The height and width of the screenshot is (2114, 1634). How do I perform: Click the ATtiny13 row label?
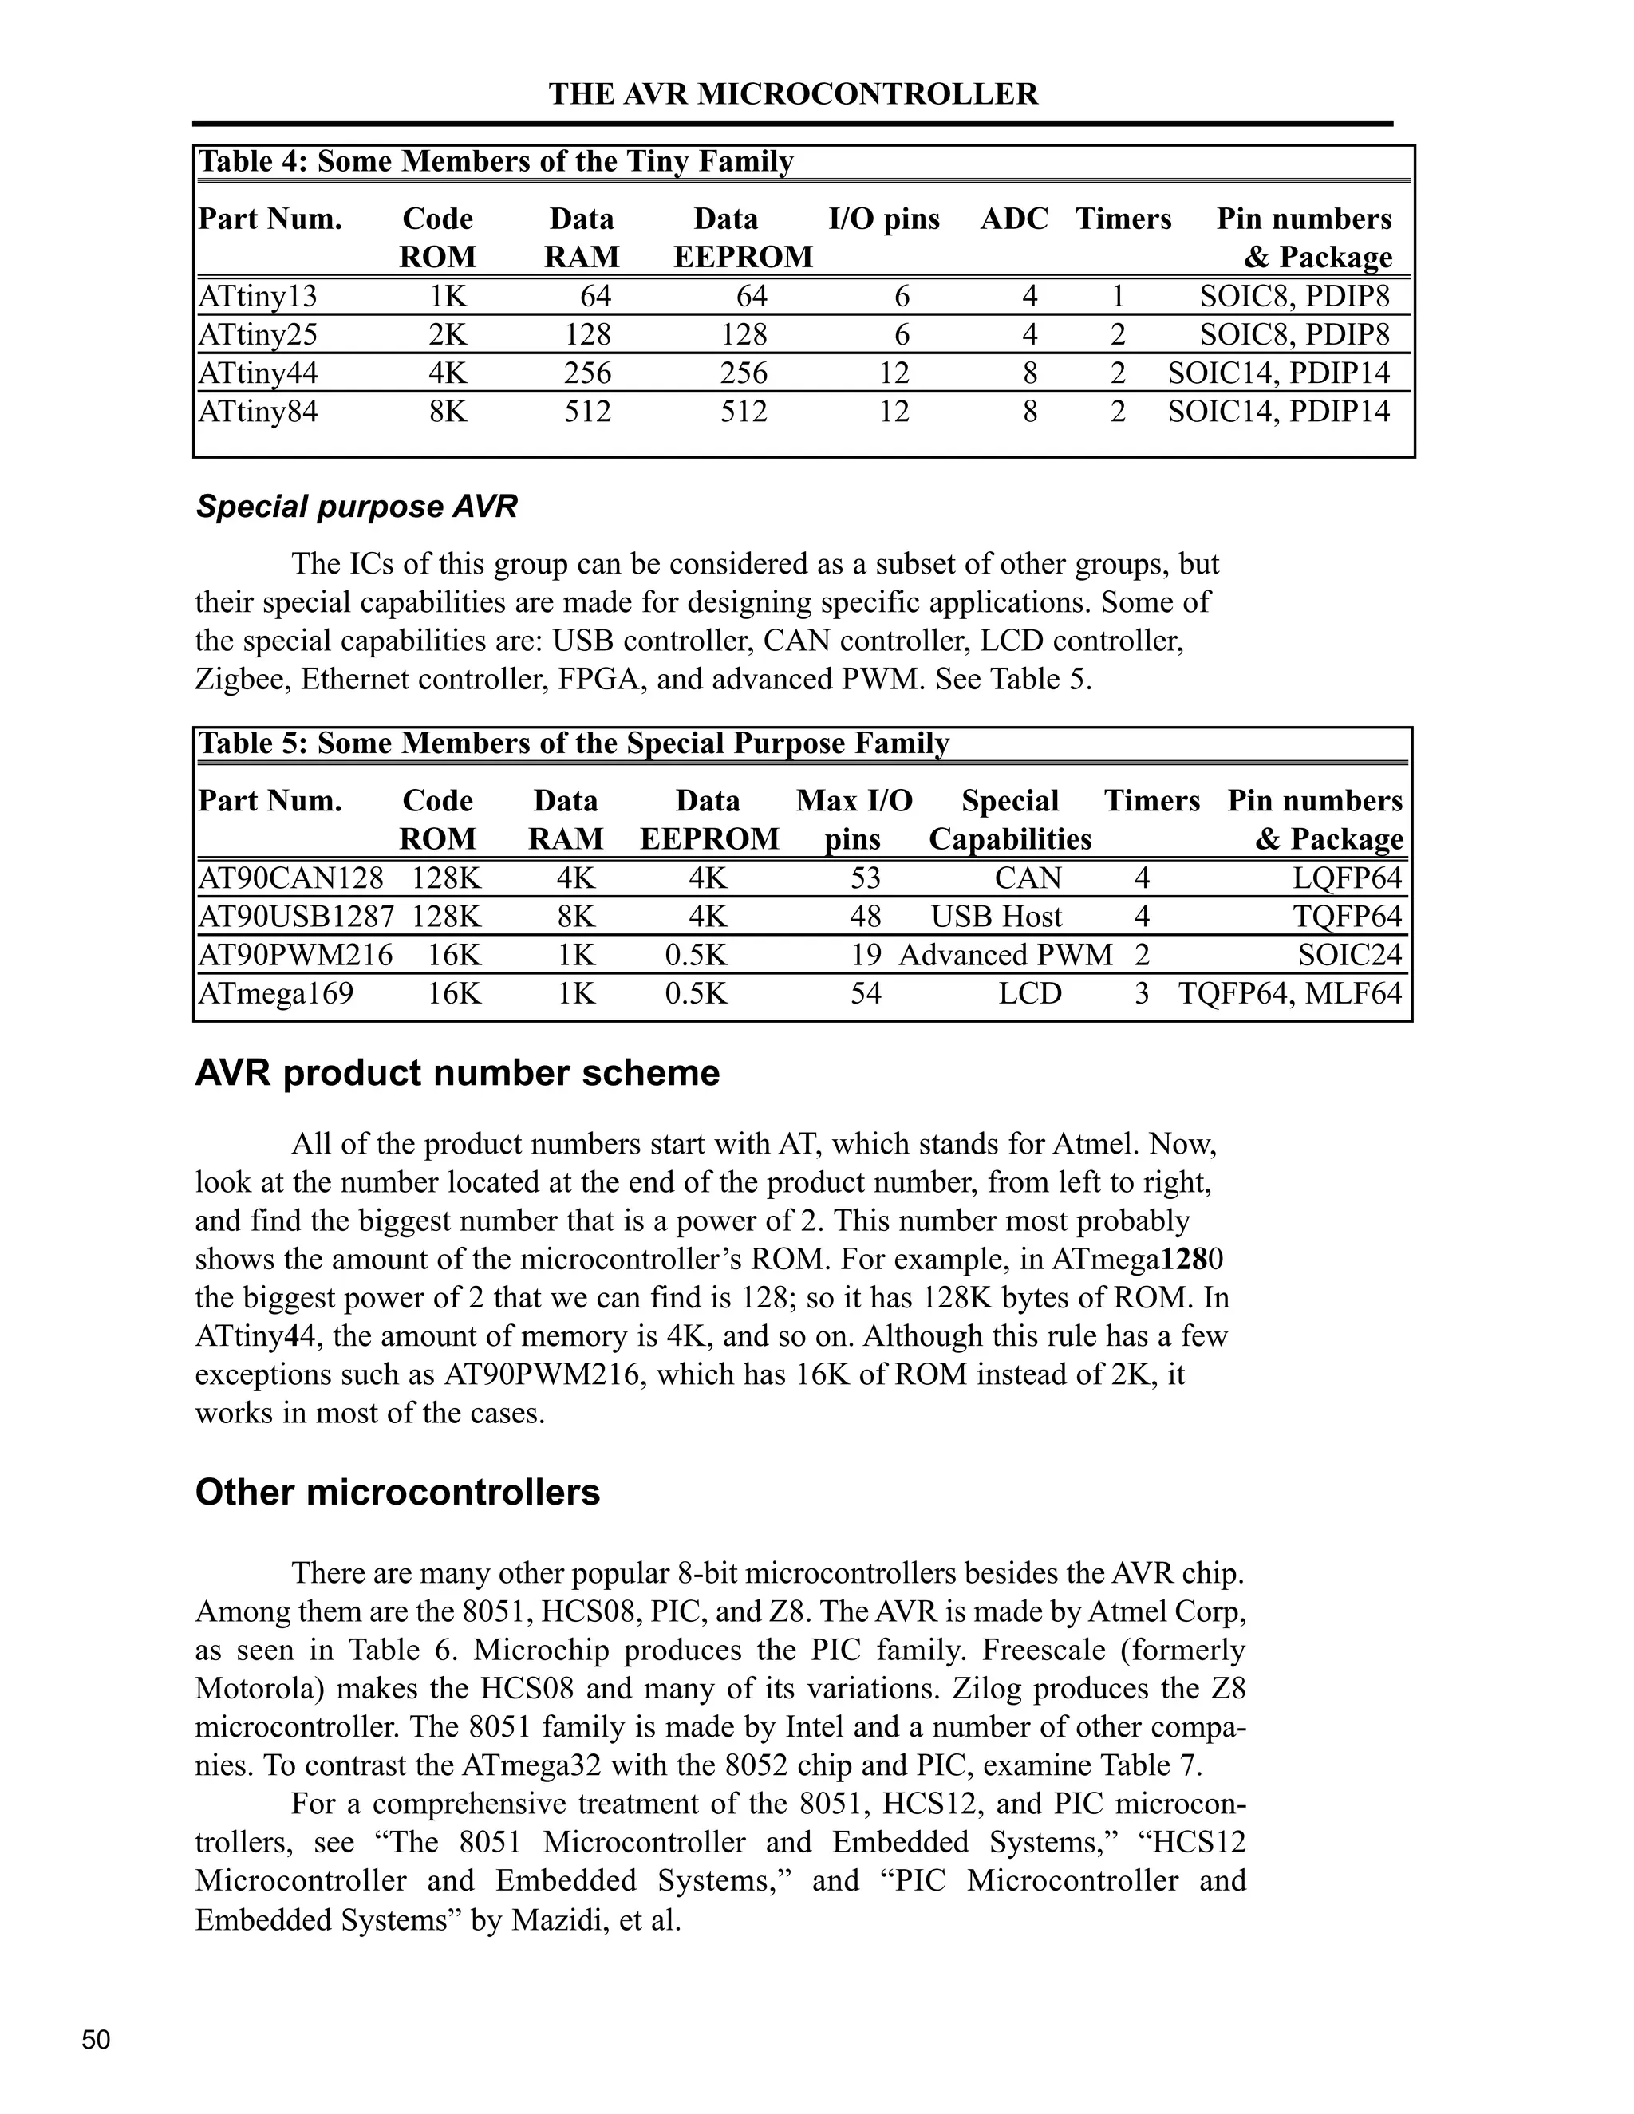pyautogui.click(x=258, y=296)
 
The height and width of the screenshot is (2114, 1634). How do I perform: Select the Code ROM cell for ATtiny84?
pyautogui.click(x=448, y=412)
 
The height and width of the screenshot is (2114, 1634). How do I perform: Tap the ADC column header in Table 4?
pyautogui.click(x=1013, y=219)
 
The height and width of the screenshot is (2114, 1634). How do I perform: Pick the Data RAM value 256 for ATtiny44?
pyautogui.click(x=587, y=373)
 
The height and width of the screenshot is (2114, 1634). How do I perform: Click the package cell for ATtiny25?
pyautogui.click(x=1294, y=335)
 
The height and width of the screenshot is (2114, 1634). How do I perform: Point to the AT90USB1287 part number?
pyautogui.click(x=296, y=917)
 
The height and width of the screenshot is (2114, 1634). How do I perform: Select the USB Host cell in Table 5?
pyautogui.click(x=996, y=917)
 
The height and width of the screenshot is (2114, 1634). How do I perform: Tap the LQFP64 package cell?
pyautogui.click(x=1348, y=878)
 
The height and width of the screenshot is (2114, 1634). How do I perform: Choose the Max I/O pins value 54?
pyautogui.click(x=866, y=994)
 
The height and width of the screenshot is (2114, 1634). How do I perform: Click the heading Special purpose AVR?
pyautogui.click(x=356, y=507)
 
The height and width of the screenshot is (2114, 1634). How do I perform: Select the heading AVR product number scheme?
pyautogui.click(x=457, y=1074)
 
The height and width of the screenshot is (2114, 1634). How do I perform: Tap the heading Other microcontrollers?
pyautogui.click(x=397, y=1492)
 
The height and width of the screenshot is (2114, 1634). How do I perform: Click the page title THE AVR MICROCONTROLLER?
pyautogui.click(x=793, y=94)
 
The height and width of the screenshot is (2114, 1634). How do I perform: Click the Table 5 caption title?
pyautogui.click(x=573, y=743)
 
